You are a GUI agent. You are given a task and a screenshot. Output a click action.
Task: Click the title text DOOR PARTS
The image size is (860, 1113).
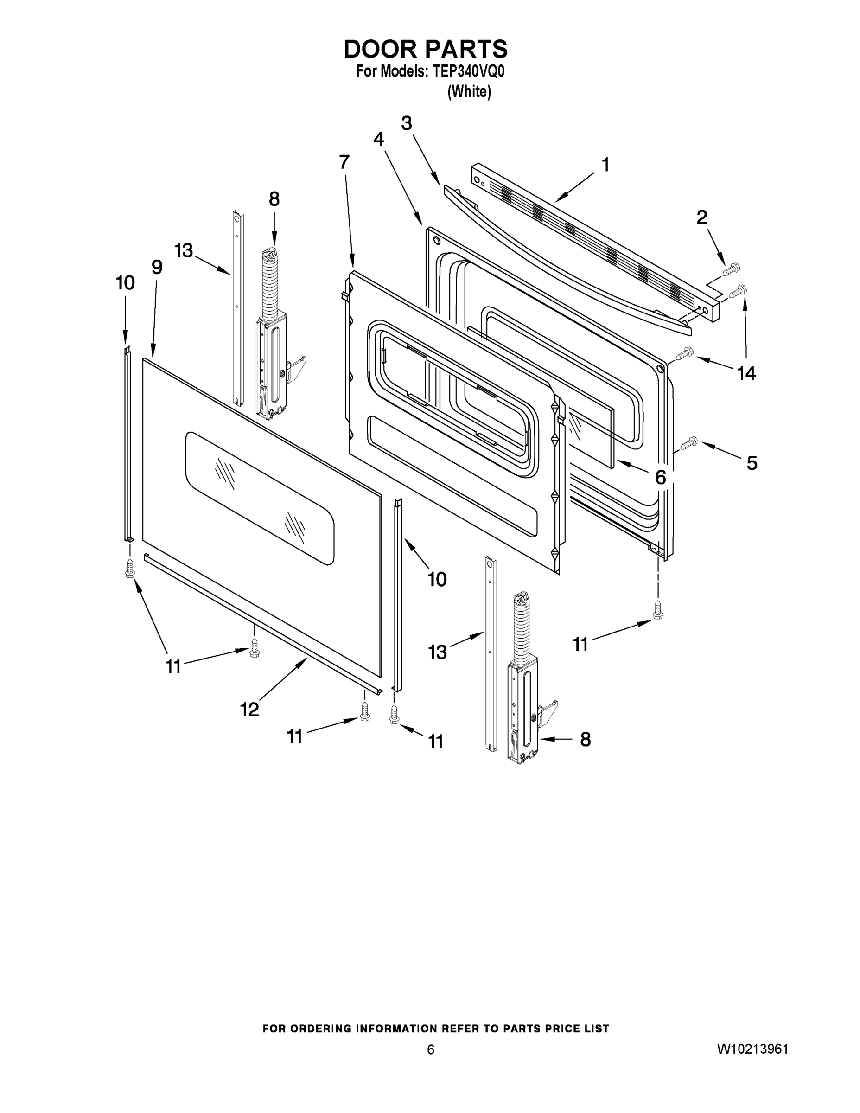(426, 50)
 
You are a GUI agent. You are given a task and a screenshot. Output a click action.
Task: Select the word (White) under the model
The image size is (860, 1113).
(469, 92)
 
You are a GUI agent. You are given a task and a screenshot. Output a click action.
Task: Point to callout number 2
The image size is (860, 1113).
(701, 217)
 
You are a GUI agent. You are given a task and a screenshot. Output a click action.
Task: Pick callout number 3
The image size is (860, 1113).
(406, 123)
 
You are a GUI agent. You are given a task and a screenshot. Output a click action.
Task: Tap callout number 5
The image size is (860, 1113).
(752, 463)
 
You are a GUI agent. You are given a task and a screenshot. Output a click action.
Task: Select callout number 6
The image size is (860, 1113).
(660, 477)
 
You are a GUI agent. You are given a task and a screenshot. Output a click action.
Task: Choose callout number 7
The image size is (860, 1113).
(344, 162)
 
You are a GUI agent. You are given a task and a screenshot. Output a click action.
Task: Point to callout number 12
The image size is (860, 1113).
(249, 710)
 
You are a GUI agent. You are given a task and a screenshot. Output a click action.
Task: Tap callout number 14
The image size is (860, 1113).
(746, 373)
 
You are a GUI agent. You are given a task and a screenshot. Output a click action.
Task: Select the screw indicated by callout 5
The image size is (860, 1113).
(688, 443)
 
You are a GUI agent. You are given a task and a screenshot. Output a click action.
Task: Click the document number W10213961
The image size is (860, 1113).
(752, 1049)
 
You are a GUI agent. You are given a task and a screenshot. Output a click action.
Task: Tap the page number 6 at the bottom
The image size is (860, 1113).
(431, 1050)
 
